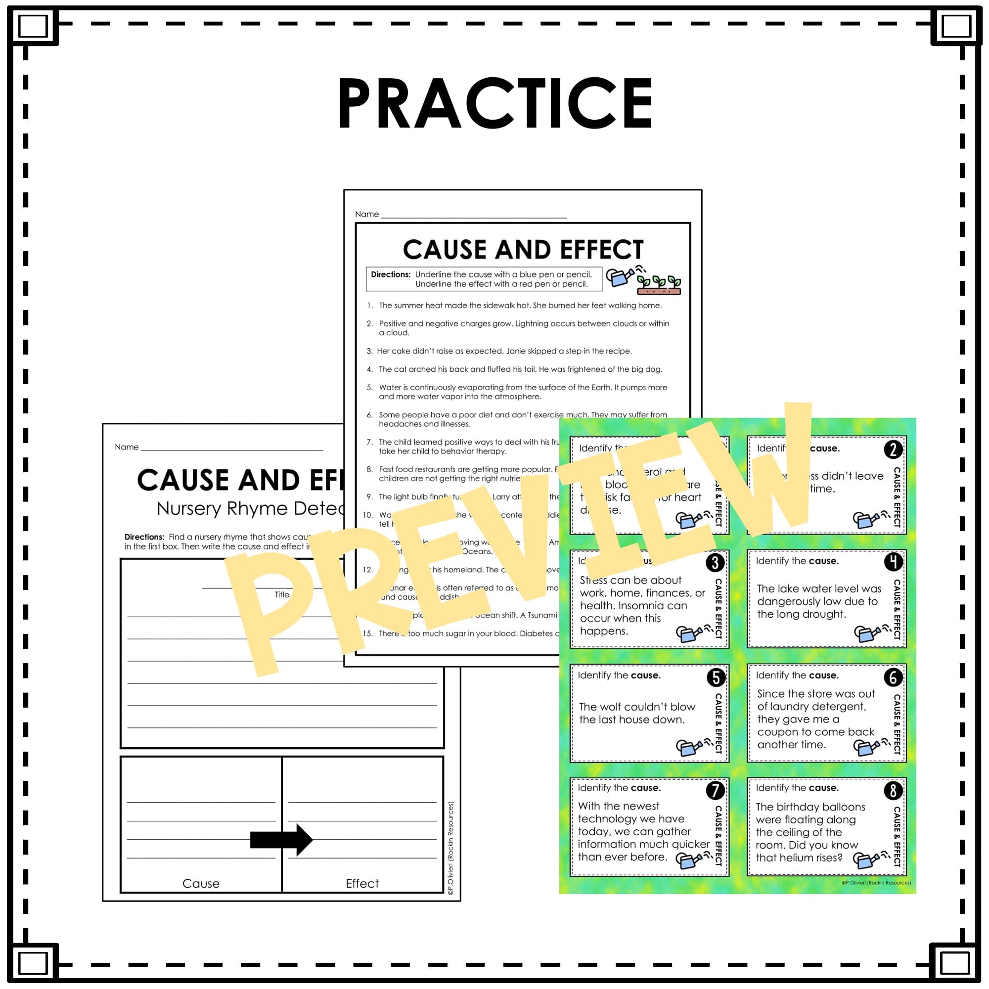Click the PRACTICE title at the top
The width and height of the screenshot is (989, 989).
[494, 104]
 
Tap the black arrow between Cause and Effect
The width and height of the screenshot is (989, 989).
[281, 840]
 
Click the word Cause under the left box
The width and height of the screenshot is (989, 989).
[201, 884]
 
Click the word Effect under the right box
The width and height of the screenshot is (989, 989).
[362, 884]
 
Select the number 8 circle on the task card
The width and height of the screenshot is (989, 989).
[893, 791]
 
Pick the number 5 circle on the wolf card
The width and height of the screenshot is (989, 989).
[716, 678]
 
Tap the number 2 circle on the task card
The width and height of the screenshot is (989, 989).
[893, 450]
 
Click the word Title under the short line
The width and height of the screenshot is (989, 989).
[281, 594]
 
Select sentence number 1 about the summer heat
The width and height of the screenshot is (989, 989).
[520, 306]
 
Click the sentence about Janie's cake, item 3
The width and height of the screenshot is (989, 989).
[504, 351]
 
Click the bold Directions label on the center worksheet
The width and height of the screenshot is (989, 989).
[391, 274]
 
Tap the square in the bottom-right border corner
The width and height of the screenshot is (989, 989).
[955, 963]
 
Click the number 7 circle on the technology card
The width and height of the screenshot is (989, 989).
[715, 790]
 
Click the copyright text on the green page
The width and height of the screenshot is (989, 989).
[876, 883]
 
